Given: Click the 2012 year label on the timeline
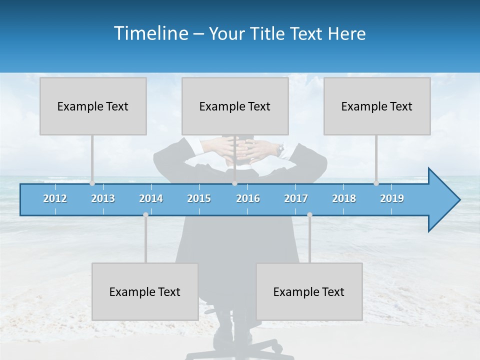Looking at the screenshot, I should (55, 198).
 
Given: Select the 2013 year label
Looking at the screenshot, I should (103, 198).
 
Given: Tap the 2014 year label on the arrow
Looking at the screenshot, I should (151, 198).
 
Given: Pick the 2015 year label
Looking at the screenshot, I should (199, 198).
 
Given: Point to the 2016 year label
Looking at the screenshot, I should (248, 198).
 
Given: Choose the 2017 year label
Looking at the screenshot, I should (296, 198).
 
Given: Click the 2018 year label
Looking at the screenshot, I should (344, 198).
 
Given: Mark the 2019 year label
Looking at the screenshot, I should (392, 198).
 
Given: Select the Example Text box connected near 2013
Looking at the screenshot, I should (93, 106).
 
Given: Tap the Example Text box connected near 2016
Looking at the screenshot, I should (235, 106).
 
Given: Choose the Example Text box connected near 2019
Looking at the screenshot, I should (377, 106).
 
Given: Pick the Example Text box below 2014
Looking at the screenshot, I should (145, 291).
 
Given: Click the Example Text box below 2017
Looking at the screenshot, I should (309, 291).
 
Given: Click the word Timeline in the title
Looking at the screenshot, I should (150, 33).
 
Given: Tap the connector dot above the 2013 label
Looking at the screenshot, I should (92, 183).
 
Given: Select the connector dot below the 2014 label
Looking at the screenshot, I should (145, 215).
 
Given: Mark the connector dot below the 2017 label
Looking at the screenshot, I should (309, 215).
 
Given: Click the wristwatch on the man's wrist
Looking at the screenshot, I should (281, 148).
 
